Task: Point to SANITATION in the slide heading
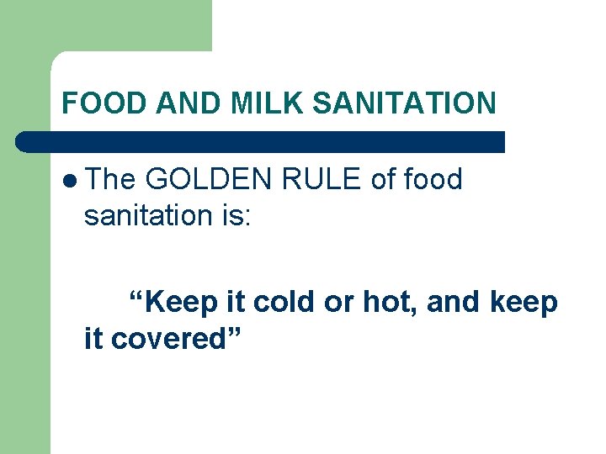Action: click(404, 103)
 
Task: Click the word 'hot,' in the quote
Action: click(391, 302)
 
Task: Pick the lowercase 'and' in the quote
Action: click(454, 302)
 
